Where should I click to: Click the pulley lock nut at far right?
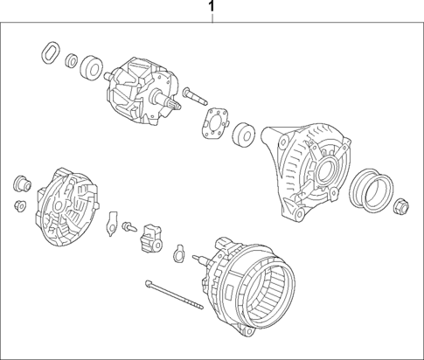pyautogui.click(x=403, y=208)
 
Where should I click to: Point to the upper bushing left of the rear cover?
pyautogui.click(x=20, y=183)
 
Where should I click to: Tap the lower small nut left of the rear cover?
pyautogui.click(x=19, y=206)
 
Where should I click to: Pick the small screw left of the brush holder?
pyautogui.click(x=129, y=226)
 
